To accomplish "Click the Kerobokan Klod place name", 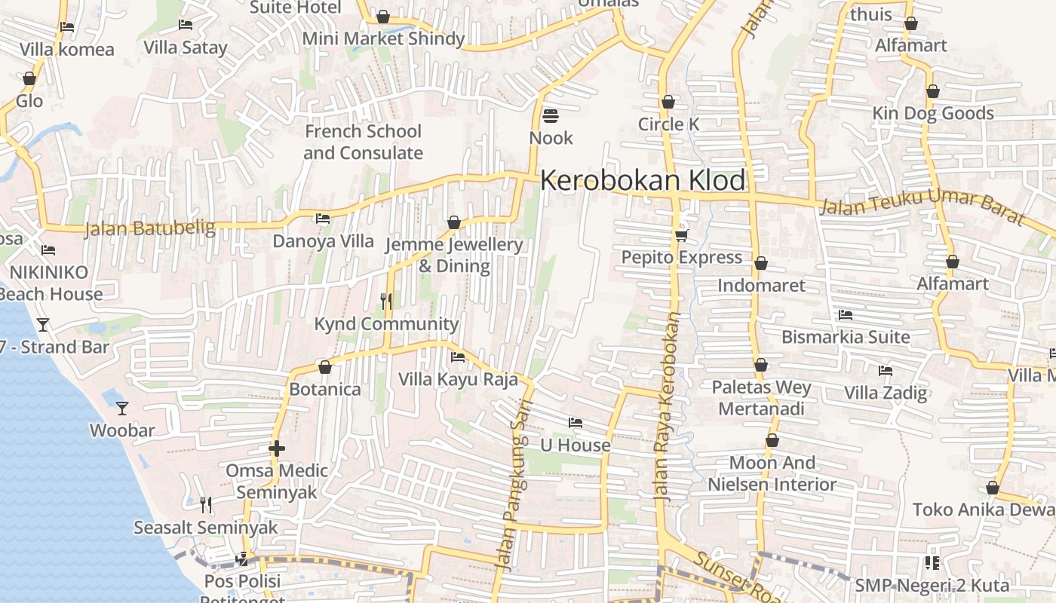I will [643, 181].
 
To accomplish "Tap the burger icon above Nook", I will [551, 116].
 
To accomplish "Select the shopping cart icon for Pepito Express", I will [681, 235].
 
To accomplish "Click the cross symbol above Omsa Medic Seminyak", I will [277, 449].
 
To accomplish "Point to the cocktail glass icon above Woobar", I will [122, 409].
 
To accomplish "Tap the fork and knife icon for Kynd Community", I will [386, 301].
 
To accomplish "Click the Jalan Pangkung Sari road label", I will [513, 486].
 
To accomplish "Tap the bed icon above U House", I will [576, 423].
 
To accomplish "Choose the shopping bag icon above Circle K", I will [668, 102].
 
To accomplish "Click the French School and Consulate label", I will [363, 142].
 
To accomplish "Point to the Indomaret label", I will [761, 285].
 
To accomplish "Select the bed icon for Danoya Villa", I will [323, 219].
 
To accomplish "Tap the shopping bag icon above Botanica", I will [325, 367].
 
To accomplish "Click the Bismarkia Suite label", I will [846, 337].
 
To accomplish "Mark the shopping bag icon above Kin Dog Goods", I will [933, 91].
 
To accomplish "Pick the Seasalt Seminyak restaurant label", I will [206, 528].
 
